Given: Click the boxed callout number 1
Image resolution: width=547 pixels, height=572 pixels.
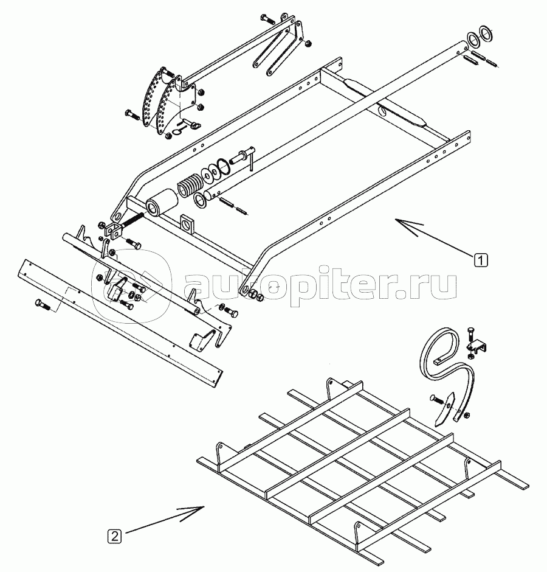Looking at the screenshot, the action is pyautogui.click(x=480, y=260).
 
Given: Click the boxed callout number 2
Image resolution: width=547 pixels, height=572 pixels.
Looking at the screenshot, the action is pyautogui.click(x=114, y=536).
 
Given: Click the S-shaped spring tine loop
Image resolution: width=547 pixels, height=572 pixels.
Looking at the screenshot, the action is pyautogui.click(x=446, y=368).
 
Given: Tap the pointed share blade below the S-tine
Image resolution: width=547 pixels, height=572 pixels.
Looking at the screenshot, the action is pyautogui.click(x=445, y=408).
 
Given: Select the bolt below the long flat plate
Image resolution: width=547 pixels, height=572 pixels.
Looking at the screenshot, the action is pyautogui.click(x=44, y=304).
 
